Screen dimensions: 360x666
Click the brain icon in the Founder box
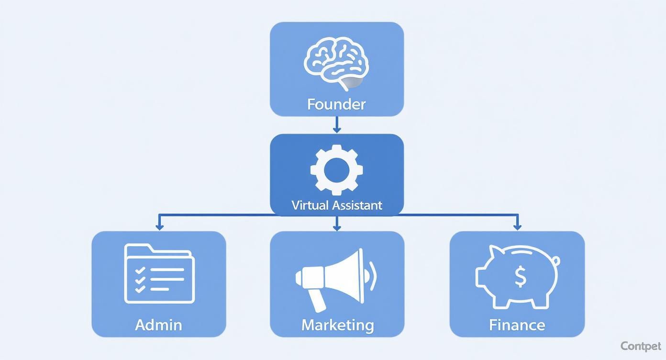336,63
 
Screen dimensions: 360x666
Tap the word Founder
336,104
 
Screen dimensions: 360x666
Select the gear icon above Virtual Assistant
336,169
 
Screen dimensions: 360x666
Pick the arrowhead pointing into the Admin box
159,226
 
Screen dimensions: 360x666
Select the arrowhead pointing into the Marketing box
337,226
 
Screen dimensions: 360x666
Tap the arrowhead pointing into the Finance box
517,226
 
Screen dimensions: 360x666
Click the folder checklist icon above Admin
159,274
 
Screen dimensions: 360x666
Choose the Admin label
158,325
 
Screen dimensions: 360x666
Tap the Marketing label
337,325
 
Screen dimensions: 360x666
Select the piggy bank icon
517,276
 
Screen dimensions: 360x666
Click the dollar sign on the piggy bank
520,276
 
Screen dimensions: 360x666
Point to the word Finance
517,325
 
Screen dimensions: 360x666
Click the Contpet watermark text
640,346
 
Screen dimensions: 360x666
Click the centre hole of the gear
336,169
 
